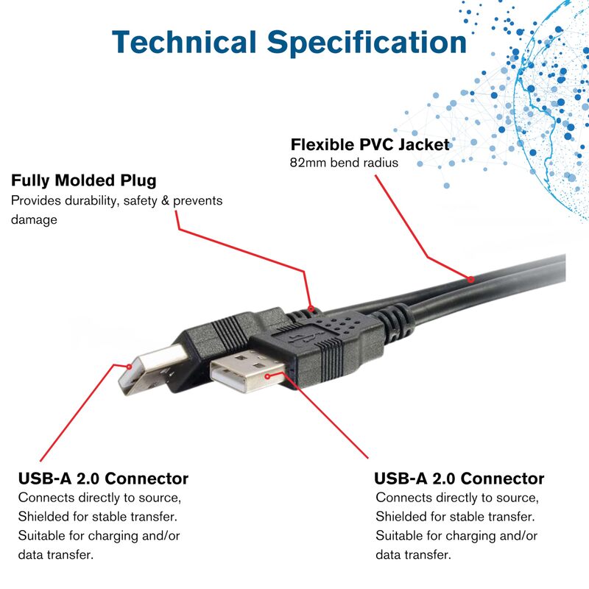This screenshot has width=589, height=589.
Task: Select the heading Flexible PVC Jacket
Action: [x=370, y=144]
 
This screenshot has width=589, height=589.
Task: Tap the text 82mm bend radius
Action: [x=345, y=163]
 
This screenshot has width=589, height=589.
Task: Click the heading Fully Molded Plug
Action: [x=83, y=180]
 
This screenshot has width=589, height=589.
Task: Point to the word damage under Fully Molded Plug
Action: [x=34, y=219]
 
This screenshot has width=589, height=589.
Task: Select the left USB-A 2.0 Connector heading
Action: [x=103, y=479]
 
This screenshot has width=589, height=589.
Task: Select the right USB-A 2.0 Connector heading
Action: [x=459, y=479]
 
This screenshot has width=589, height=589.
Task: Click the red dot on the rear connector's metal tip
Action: [x=130, y=366]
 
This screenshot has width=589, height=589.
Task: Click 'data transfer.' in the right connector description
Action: [x=413, y=554]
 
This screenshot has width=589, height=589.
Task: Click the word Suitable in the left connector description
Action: [x=41, y=535]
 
